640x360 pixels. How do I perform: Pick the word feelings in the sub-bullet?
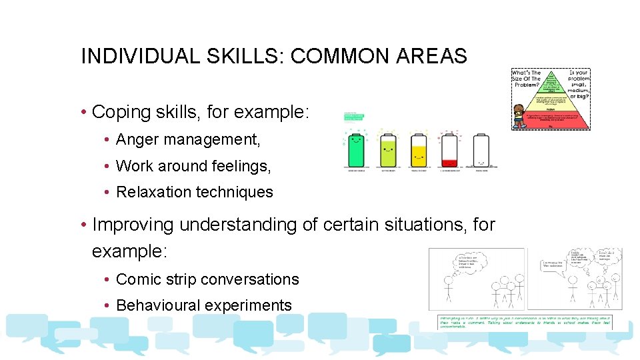coord(237,166)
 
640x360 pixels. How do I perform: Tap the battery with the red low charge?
coord(449,151)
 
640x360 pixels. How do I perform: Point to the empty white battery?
coord(481,151)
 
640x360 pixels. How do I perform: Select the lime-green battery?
coord(387,151)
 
